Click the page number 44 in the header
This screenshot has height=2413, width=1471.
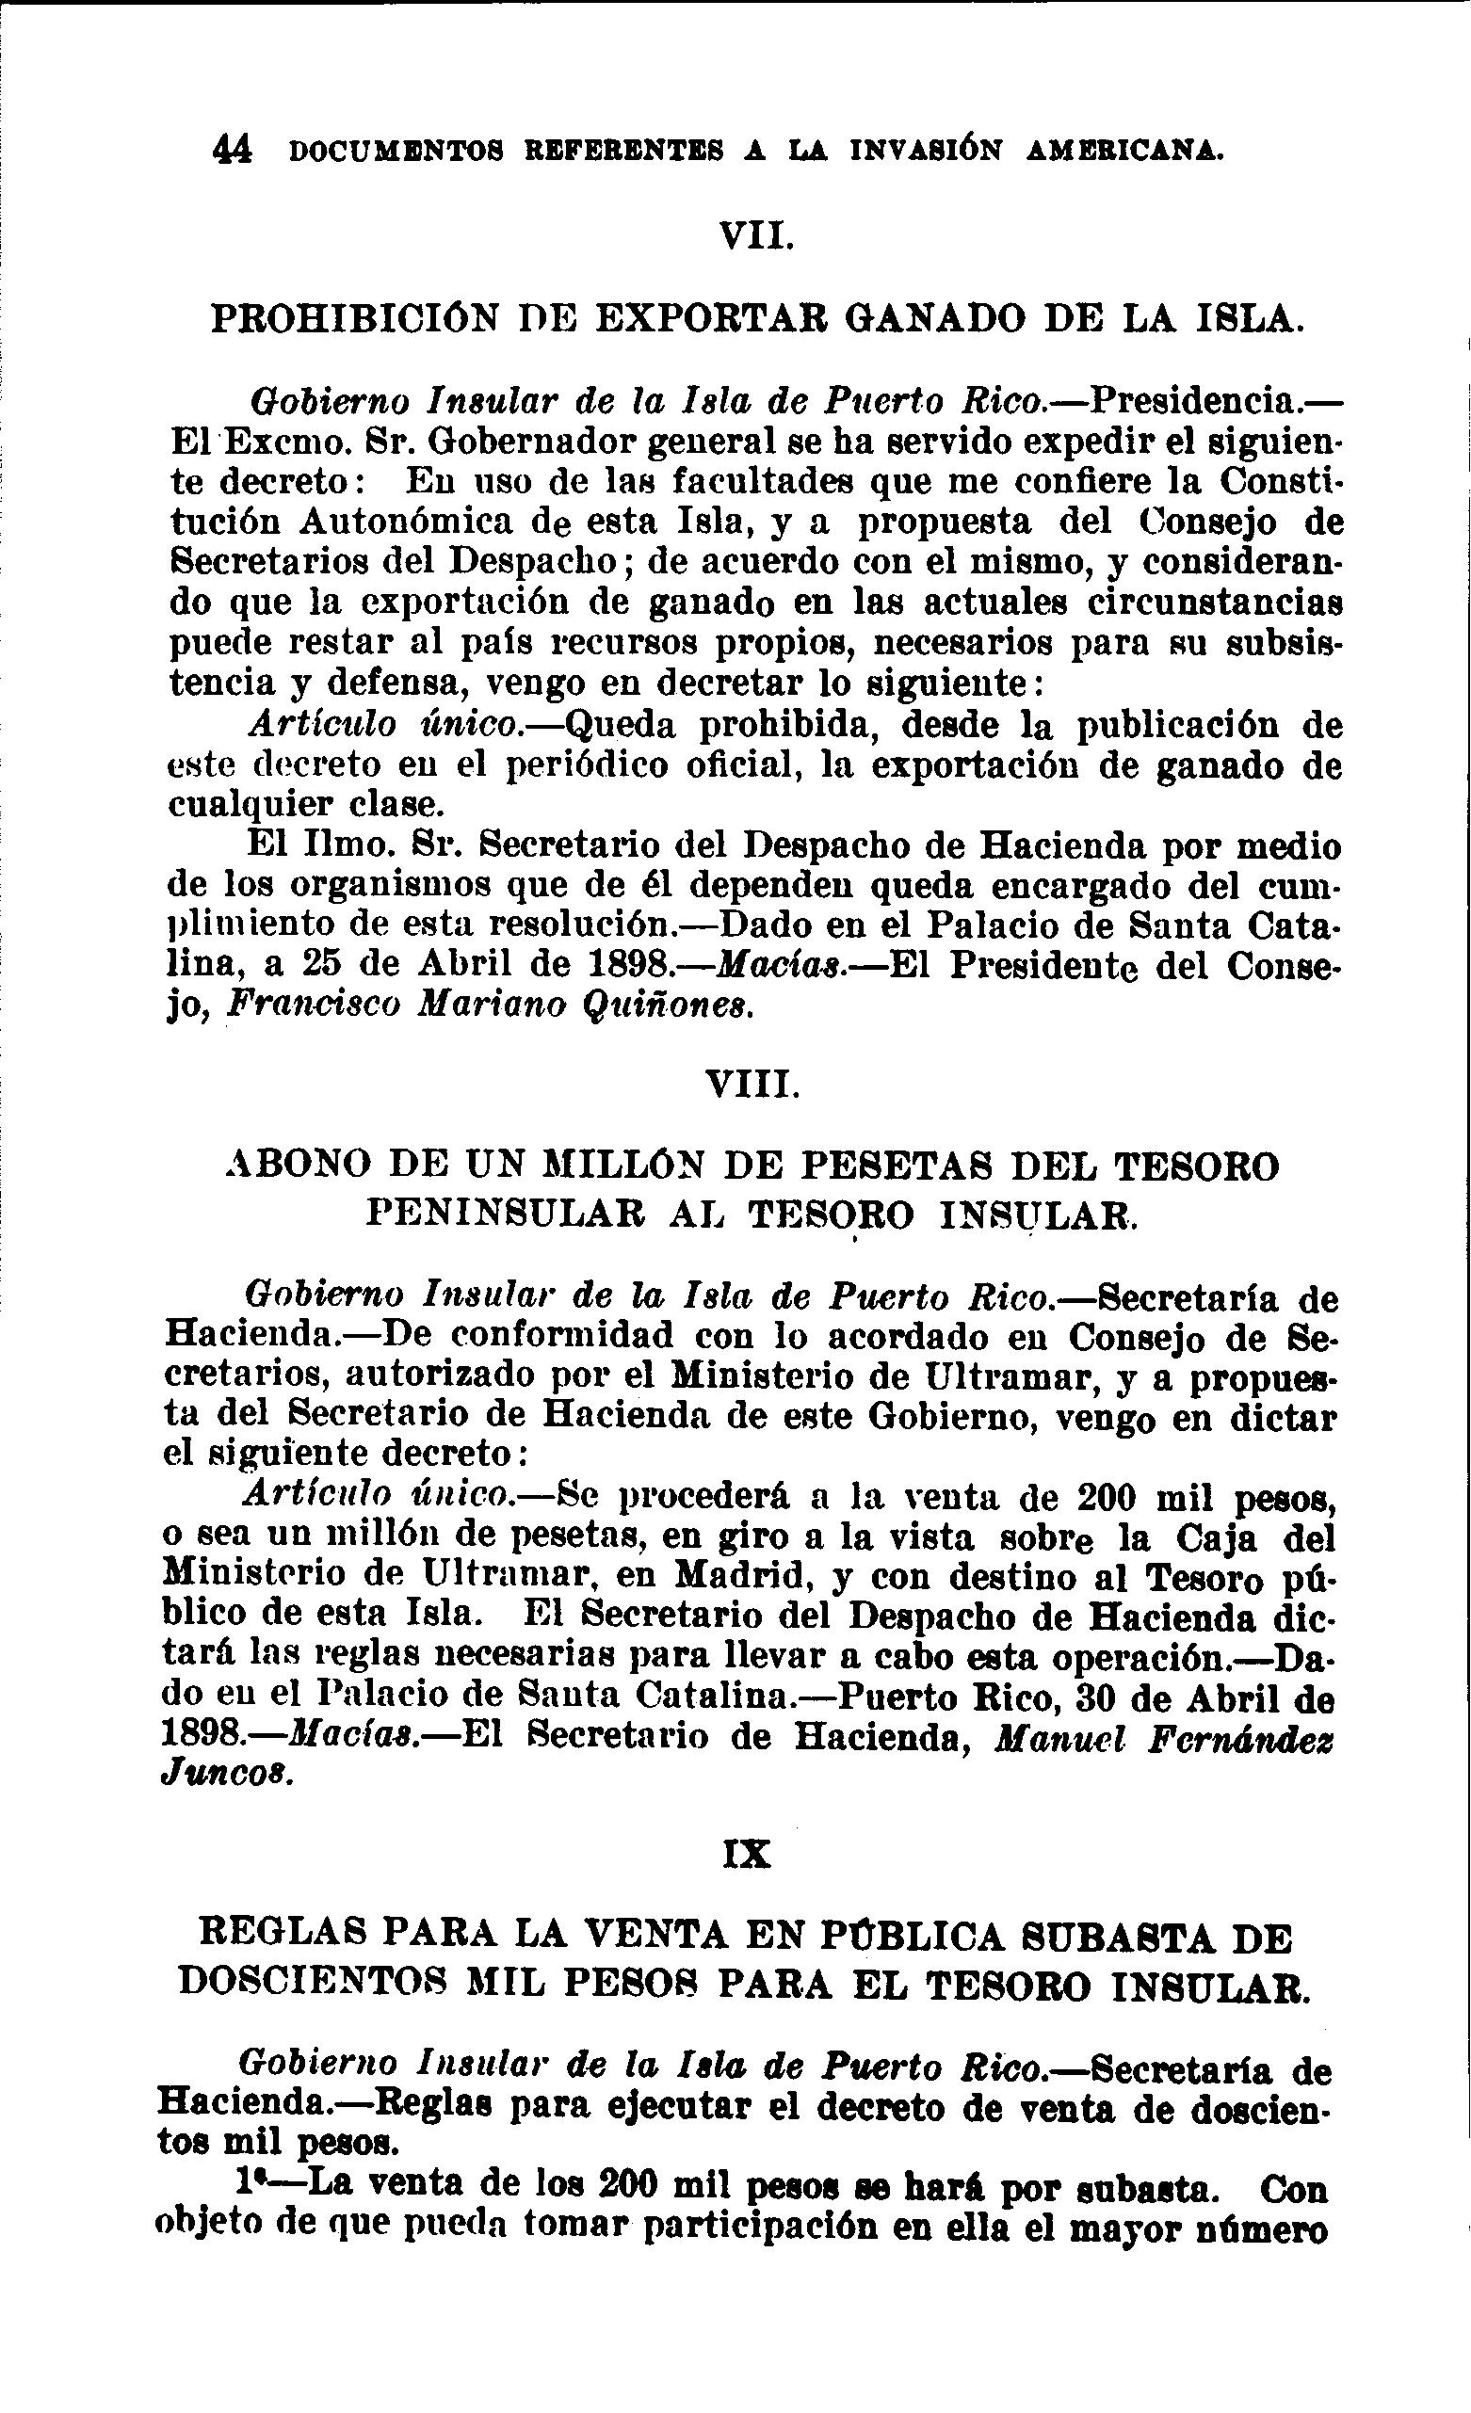pyautogui.click(x=232, y=150)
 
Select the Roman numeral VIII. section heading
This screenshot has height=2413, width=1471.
pyautogui.click(x=752, y=1086)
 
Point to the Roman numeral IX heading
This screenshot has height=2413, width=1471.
pyautogui.click(x=746, y=1855)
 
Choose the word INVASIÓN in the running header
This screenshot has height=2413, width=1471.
pyautogui.click(x=926, y=151)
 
